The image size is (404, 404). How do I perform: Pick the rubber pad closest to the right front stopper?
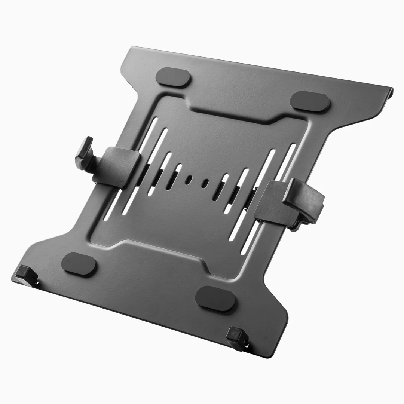215,298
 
